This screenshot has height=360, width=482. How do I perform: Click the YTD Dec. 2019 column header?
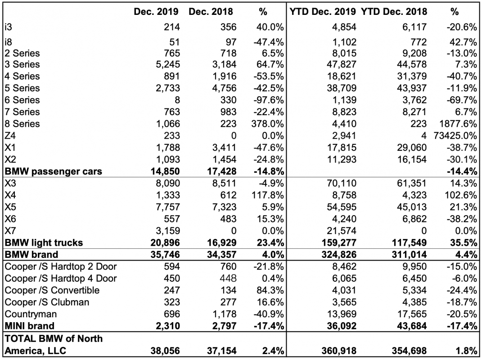[323, 12]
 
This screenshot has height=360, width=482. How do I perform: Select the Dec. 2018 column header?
[211, 12]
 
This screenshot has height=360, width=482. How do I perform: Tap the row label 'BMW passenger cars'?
[54, 171]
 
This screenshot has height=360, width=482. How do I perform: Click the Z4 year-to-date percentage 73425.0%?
[455, 135]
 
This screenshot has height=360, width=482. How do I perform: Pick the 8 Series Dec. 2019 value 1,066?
[168, 124]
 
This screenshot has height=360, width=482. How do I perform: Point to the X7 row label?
[10, 230]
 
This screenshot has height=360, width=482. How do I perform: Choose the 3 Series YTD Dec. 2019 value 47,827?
[342, 64]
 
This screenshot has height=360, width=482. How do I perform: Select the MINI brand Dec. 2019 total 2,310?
[168, 326]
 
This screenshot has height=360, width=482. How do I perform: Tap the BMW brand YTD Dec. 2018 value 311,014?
[409, 255]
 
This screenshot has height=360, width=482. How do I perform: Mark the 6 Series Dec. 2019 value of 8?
[177, 100]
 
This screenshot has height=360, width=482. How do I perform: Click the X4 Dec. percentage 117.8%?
[268, 195]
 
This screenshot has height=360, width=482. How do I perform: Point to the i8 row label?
[8, 42]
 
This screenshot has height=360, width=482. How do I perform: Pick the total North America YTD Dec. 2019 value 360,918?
[339, 351]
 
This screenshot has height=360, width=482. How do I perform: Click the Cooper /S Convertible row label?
[52, 290]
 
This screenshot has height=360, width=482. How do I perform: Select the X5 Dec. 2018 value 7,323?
[225, 207]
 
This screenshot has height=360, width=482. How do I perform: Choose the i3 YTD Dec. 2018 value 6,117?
[414, 27]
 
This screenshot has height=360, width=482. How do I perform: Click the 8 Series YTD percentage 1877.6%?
[458, 124]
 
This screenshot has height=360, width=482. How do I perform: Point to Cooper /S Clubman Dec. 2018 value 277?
[228, 302]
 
